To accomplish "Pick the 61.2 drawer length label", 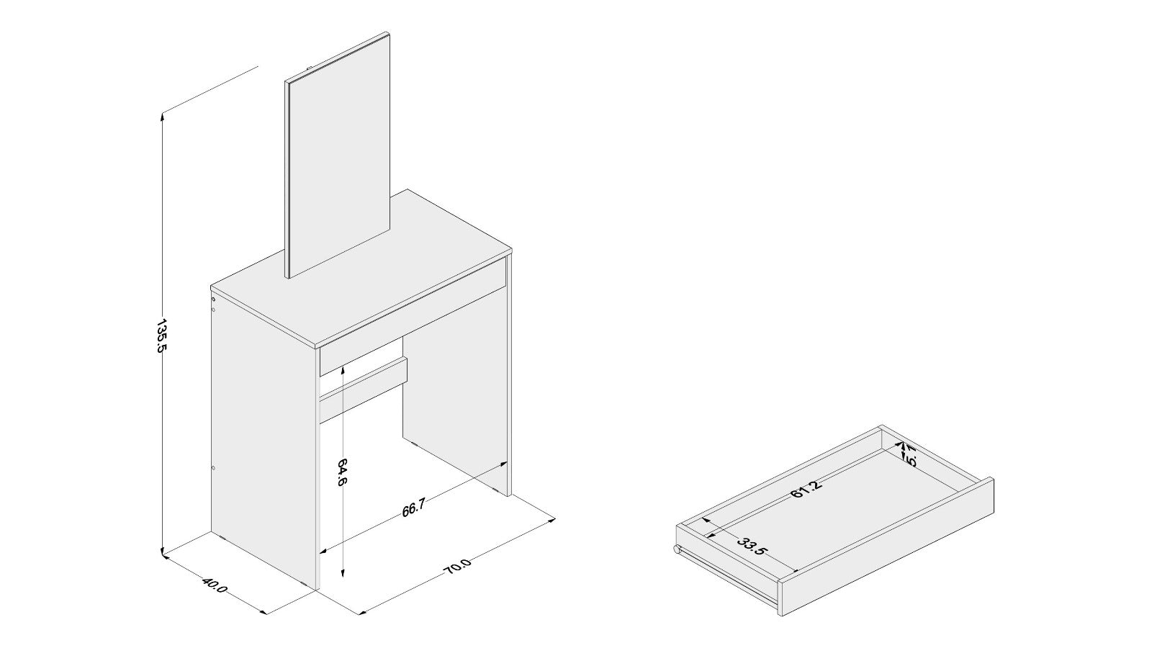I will (x=806, y=489).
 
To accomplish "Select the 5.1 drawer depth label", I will (x=910, y=456).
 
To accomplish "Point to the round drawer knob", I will (x=678, y=551).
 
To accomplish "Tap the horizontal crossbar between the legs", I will (x=364, y=385).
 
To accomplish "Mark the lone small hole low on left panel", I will (x=214, y=469).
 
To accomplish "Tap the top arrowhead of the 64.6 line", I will (x=344, y=369).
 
